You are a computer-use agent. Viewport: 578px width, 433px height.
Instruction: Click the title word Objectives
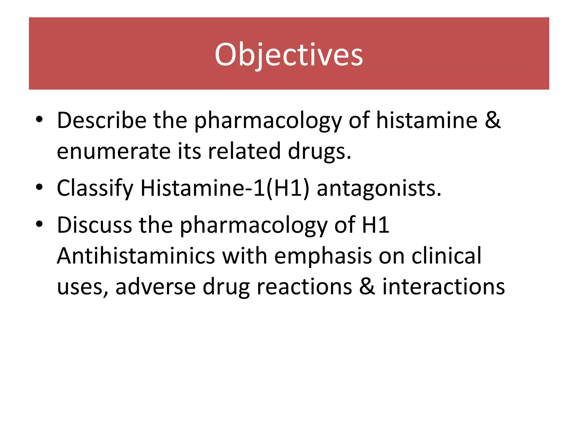point(289,55)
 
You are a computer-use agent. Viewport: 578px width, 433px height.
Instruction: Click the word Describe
point(102,120)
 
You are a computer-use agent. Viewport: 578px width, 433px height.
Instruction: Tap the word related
point(244,151)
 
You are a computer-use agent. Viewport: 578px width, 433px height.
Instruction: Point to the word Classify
point(95,188)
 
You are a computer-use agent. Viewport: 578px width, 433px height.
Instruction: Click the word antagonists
point(379,188)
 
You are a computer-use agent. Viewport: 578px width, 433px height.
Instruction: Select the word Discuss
point(94,225)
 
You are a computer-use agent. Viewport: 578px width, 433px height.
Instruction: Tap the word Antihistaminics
point(136,256)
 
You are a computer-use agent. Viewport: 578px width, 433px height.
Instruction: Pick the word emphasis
point(323,256)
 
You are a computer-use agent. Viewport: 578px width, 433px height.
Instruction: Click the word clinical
point(446,256)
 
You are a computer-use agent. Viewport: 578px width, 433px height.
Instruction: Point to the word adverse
point(156,287)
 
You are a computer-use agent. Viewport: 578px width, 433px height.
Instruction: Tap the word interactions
point(443,287)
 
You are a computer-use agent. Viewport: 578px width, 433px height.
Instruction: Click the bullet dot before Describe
point(39,120)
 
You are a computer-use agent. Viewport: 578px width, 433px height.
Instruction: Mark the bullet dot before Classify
point(39,187)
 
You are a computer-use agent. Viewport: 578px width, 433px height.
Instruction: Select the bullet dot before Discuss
point(39,224)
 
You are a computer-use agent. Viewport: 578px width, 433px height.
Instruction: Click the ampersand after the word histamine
point(493,120)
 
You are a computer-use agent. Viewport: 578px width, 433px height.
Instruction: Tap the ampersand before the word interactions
point(367,287)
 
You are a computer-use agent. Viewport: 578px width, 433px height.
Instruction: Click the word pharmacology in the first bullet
point(268,120)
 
